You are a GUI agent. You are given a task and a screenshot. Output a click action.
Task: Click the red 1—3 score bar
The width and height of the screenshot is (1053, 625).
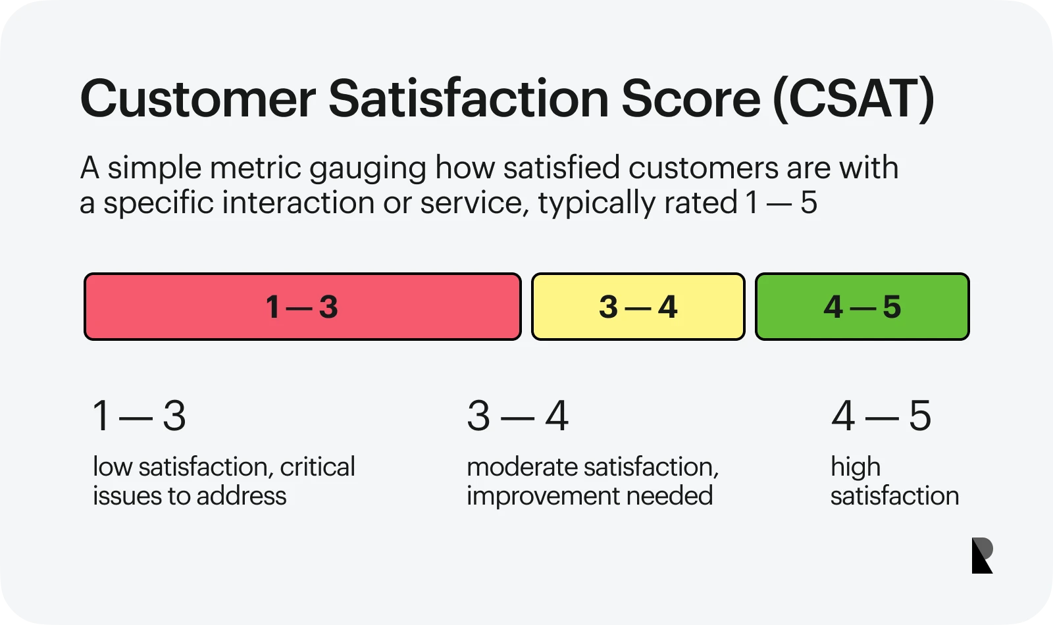coord(303,307)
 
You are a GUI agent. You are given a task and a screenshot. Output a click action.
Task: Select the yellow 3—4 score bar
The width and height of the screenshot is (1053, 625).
coord(638,307)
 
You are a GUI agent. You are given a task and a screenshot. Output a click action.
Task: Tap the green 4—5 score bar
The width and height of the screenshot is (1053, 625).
coord(863,307)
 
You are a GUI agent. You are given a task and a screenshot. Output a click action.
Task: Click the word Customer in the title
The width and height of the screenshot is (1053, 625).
coord(198,99)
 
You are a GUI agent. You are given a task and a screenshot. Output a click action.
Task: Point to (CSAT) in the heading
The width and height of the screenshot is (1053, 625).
coord(854,99)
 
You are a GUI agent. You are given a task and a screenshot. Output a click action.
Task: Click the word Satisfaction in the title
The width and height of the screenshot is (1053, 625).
coord(469,98)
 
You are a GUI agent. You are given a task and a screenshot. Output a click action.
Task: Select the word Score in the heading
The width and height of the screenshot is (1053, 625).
coord(691,99)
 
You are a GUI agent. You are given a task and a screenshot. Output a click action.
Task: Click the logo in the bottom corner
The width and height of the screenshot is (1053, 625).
coord(983,555)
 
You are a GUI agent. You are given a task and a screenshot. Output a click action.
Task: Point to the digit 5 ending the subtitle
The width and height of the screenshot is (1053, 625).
coord(809,203)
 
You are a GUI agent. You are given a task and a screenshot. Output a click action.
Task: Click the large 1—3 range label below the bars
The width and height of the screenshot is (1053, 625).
coord(139,416)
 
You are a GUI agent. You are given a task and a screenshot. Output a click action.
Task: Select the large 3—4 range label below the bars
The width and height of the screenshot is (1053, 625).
coord(517,416)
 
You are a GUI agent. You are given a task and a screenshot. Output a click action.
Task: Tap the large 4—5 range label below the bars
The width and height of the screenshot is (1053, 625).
coord(881,416)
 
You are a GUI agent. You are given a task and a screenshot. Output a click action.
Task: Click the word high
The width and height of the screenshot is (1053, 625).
coord(856,468)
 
